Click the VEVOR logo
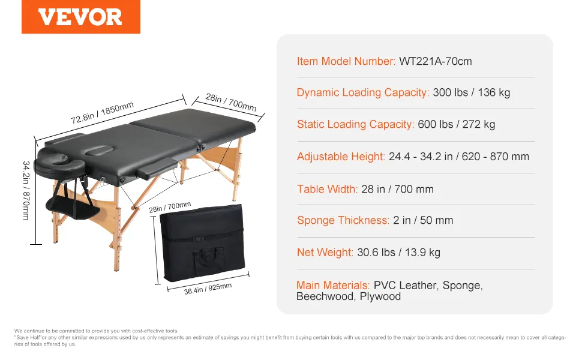80,17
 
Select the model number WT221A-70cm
436,61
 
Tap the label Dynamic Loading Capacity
362,92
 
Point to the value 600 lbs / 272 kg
456,124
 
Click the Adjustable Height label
341,157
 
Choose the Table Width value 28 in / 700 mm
397,189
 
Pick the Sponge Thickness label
343,220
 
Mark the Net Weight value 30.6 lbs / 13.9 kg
398,253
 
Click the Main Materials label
333,285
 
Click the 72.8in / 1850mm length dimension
102,112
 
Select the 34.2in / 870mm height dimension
26,190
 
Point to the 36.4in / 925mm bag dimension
208,289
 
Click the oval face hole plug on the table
97,151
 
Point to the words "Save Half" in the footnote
28,338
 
